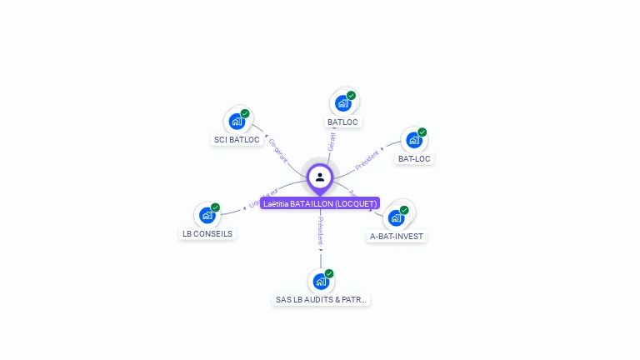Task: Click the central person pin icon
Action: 320,177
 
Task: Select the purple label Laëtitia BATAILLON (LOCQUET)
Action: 320,203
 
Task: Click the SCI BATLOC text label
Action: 237,140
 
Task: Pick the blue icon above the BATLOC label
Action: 342,103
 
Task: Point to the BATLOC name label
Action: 342,122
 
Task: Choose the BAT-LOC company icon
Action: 414,140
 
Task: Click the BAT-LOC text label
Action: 415,158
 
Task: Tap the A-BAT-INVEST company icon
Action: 396,217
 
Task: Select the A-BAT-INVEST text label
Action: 397,237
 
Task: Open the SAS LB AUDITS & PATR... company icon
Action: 321,282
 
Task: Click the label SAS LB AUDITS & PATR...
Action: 321,300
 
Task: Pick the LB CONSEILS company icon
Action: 207,215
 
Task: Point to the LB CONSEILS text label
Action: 207,234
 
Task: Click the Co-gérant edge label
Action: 278,150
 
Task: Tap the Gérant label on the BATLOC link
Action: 332,142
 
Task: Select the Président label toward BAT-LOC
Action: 367,159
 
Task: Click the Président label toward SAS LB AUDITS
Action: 321,230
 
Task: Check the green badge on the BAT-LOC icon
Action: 422,132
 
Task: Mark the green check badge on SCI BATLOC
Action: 245,113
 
